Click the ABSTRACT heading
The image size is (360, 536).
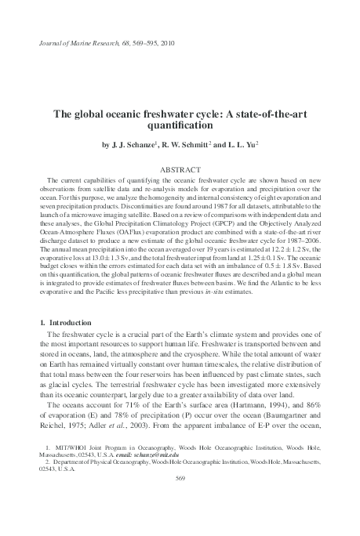click(x=180, y=169)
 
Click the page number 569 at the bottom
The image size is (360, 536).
click(x=180, y=500)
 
